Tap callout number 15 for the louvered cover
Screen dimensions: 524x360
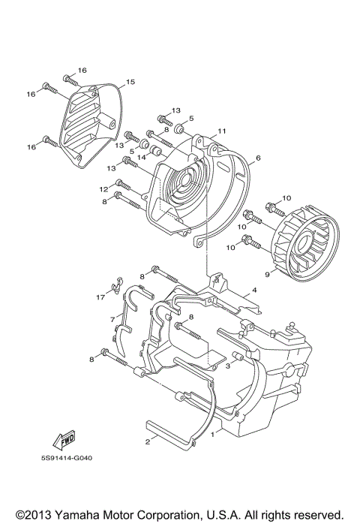point(130,82)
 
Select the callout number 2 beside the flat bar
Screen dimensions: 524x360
point(148,442)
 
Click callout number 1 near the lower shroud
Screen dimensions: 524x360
point(212,434)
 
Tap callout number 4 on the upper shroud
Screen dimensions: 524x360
point(254,289)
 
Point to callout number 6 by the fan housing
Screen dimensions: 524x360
point(257,158)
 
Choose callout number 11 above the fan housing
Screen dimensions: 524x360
point(221,131)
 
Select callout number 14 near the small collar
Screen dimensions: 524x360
point(142,158)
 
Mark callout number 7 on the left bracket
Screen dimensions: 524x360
point(112,320)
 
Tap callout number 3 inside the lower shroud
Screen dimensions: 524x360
point(226,366)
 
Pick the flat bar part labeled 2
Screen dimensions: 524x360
point(168,432)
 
